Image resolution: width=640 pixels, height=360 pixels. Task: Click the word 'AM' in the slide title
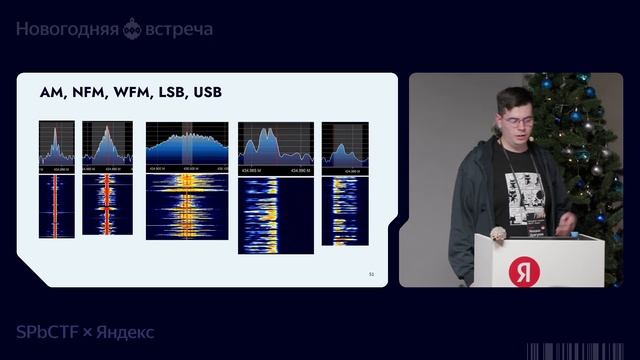coord(51,93)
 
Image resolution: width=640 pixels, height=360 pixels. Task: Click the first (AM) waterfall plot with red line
coord(57,207)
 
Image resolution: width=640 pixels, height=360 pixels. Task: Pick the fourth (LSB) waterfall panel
coord(275,213)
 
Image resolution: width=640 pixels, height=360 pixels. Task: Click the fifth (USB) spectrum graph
coord(345,145)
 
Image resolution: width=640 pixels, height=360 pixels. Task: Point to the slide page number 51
coord(372,273)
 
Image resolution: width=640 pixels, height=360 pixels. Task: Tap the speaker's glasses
coord(520,123)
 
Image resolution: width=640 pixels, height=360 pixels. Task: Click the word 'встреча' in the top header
coord(181,30)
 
